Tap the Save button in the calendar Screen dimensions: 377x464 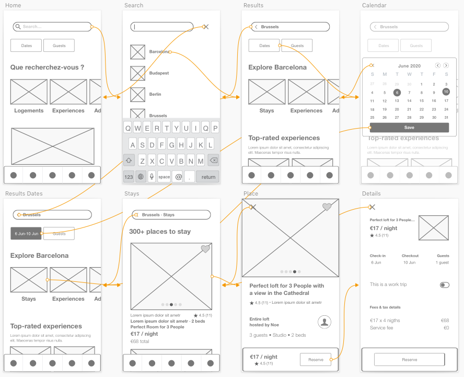[409, 128]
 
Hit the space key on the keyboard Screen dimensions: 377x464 [164, 177]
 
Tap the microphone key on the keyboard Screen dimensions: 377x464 [152, 177]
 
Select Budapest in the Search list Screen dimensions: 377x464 [159, 73]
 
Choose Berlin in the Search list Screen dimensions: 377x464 [155, 94]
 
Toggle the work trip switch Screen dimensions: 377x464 [445, 285]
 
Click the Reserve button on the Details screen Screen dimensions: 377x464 [409, 360]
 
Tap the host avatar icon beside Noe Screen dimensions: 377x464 [324, 322]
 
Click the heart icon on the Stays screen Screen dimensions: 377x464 [205, 249]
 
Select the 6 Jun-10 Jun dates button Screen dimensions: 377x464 [26, 234]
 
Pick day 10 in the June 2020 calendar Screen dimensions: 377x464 [446, 92]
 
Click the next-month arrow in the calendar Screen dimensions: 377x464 [446, 65]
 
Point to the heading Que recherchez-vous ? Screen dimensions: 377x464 [47, 67]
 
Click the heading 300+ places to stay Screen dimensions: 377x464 [160, 232]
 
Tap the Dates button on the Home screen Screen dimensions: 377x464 [27, 46]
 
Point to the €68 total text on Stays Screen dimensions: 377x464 [140, 341]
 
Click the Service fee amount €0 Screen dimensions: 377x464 [446, 328]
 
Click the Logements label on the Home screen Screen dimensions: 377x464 [29, 111]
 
